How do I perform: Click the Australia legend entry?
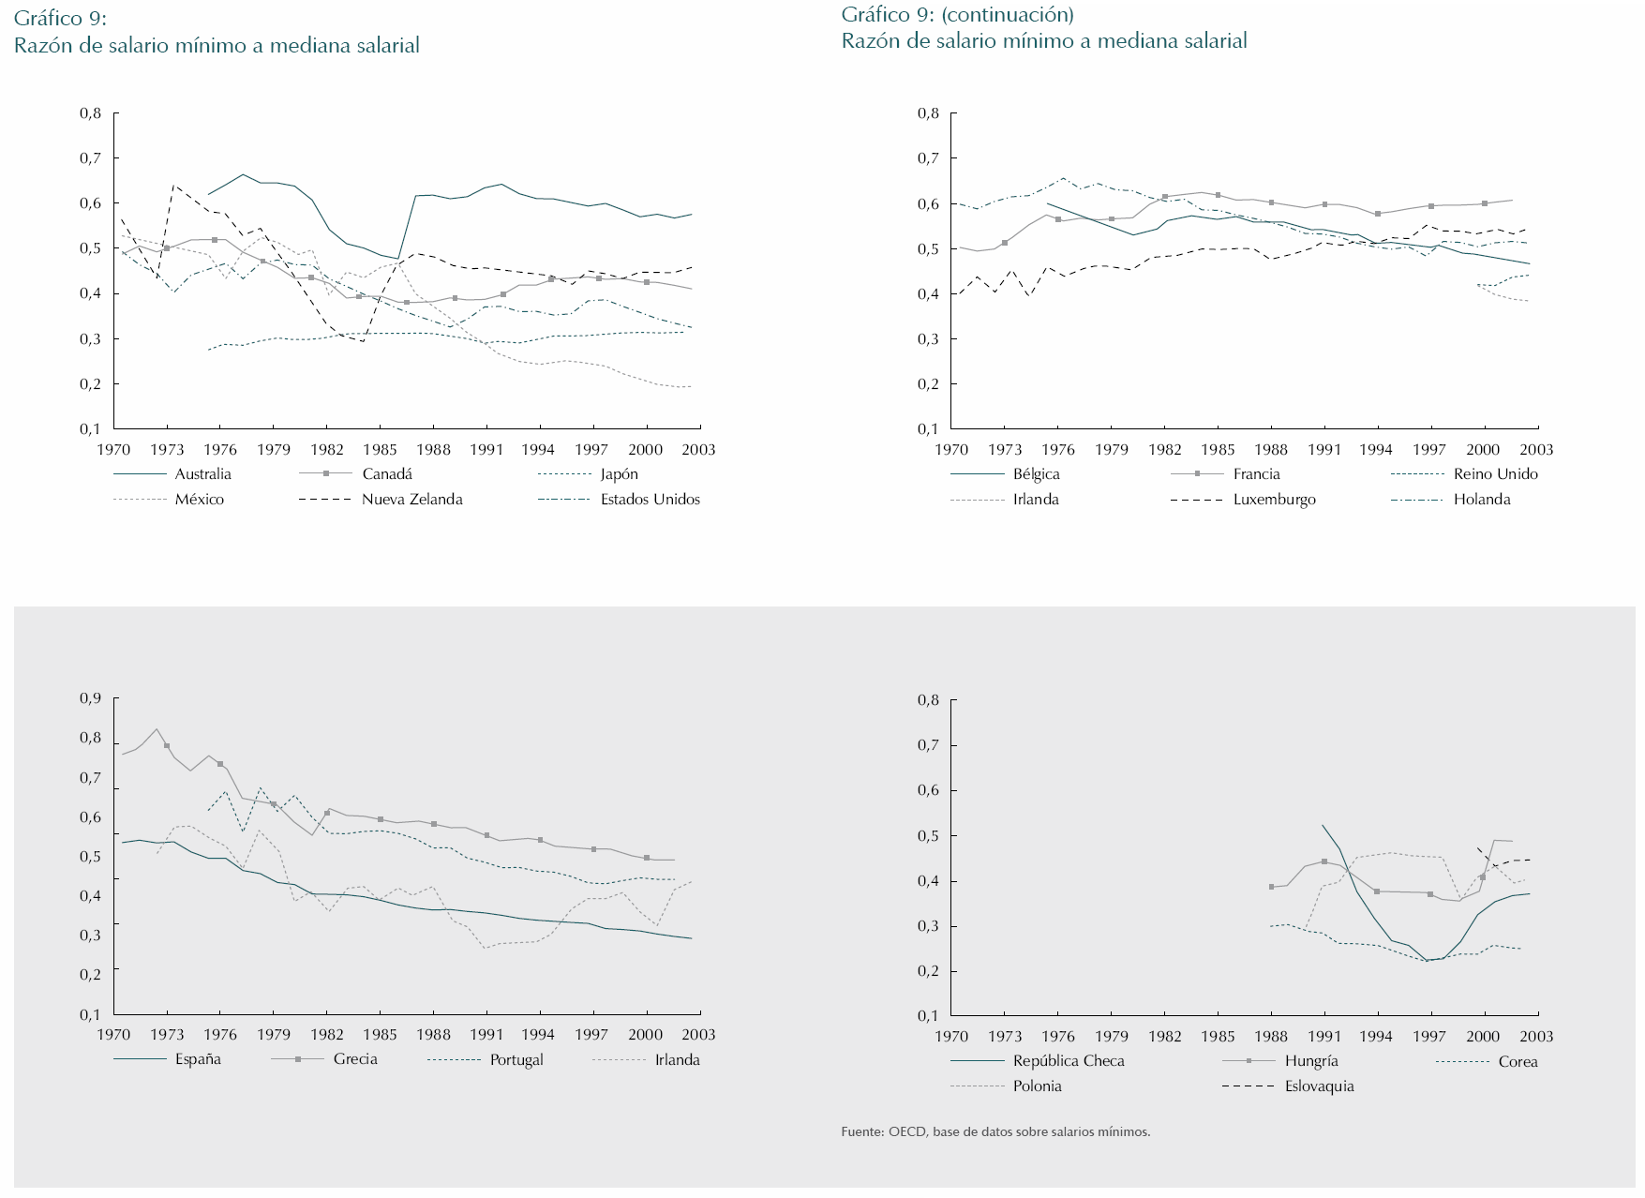pos(202,474)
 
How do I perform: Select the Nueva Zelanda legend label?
pos(411,500)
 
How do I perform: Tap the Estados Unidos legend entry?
pos(650,500)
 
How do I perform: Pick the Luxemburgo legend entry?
pos(1274,500)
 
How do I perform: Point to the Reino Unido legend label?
pos(1495,474)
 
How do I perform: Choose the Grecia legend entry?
pos(355,1059)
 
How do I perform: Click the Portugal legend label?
pos(516,1060)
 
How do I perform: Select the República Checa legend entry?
pos(1068,1061)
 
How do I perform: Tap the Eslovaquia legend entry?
pos(1319,1086)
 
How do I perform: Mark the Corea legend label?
pos(1518,1062)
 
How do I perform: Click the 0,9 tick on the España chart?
pos(90,698)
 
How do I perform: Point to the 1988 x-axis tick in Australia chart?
pos(433,450)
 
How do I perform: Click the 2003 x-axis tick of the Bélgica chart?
pos(1536,450)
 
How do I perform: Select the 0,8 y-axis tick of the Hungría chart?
pos(928,700)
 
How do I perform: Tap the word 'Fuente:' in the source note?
pos(862,1132)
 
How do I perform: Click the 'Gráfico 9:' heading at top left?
pos(60,19)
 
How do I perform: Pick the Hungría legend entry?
pos(1310,1061)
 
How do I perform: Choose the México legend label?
pos(199,500)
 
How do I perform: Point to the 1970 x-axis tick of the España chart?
pos(113,1035)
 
